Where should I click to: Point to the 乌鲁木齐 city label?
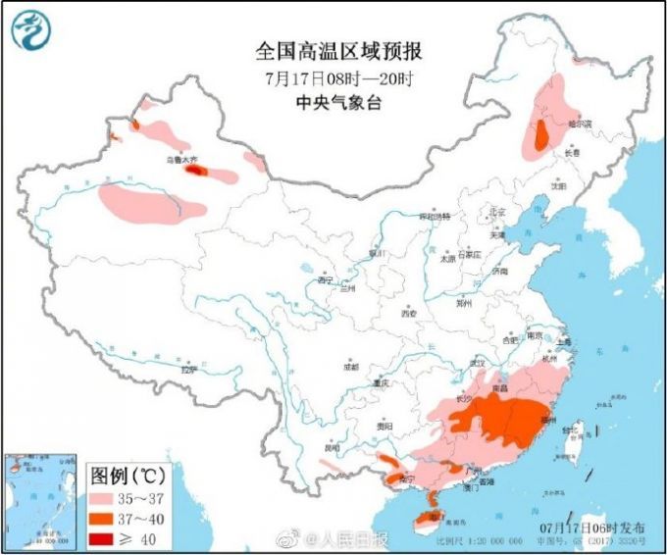tap(181, 160)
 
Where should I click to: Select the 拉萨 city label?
tap(188, 370)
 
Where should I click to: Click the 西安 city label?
tap(409, 314)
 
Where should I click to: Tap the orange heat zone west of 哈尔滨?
tap(540, 136)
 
